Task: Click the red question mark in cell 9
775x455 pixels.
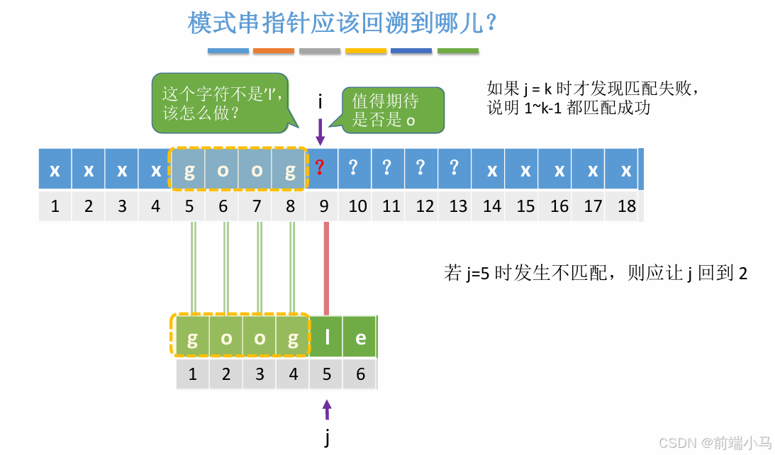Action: point(320,169)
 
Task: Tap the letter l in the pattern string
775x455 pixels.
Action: point(327,338)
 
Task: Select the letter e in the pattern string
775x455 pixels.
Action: point(360,338)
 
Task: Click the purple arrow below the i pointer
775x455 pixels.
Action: point(320,131)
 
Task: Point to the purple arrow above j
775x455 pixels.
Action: point(327,410)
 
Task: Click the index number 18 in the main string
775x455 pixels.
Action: point(626,206)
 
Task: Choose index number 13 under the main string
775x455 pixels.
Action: point(458,206)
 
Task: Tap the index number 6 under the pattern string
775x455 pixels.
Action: point(360,373)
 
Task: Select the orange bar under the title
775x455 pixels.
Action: point(273,51)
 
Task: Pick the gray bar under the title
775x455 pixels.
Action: point(320,51)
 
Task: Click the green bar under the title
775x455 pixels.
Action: point(457,51)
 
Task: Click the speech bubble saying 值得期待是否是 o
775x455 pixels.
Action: point(392,110)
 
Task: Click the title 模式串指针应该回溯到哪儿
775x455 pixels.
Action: point(342,23)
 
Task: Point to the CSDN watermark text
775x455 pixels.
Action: point(714,443)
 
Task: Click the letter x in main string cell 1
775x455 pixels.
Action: point(55,170)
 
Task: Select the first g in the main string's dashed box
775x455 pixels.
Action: point(189,170)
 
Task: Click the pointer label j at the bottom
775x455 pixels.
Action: point(327,437)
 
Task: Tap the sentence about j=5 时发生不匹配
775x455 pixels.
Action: point(595,274)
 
